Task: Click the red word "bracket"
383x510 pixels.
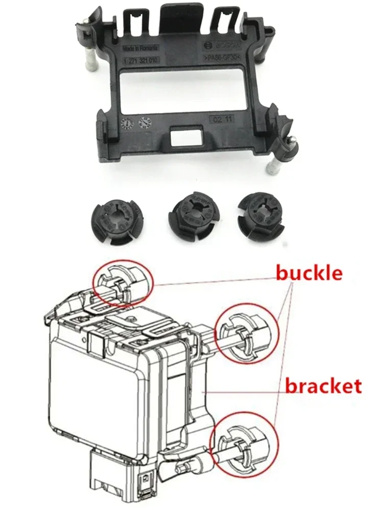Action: [323, 386]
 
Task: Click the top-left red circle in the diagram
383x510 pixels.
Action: [123, 284]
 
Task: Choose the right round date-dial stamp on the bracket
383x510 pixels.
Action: [145, 122]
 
